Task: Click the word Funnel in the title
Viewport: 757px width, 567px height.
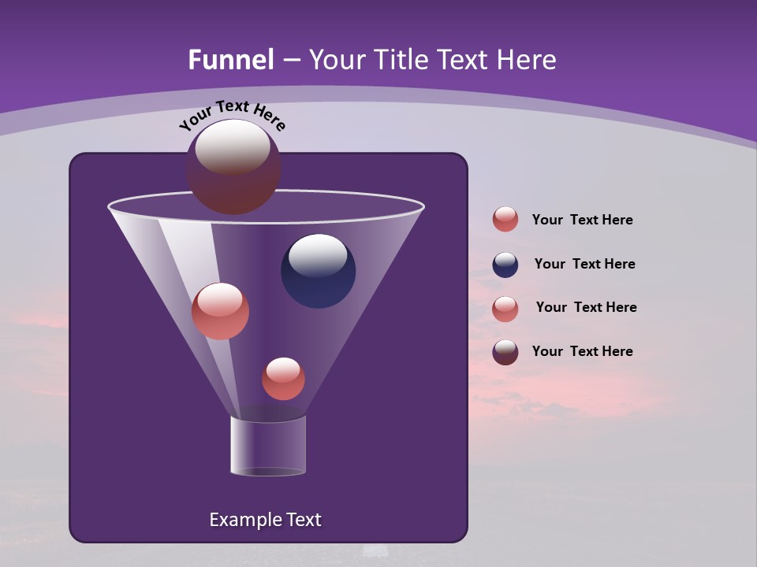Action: (230, 60)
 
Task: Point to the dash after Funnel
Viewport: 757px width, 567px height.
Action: (290, 61)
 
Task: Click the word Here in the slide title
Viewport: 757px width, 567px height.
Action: (524, 60)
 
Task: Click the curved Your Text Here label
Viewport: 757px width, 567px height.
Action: (232, 115)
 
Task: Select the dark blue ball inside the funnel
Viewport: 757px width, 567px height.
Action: (318, 272)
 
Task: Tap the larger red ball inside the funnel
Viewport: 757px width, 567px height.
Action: (220, 311)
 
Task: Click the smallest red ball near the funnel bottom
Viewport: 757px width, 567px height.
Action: (283, 379)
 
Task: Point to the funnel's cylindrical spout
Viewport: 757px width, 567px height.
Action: (267, 446)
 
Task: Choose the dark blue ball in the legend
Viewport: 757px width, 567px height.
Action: (505, 265)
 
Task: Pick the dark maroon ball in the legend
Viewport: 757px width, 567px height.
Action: (505, 352)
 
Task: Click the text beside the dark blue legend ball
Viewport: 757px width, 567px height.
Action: (584, 264)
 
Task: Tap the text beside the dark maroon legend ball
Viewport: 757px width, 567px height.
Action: (582, 351)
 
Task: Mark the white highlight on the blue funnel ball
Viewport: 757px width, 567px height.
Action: (318, 256)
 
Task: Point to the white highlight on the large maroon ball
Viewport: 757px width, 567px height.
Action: (233, 146)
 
